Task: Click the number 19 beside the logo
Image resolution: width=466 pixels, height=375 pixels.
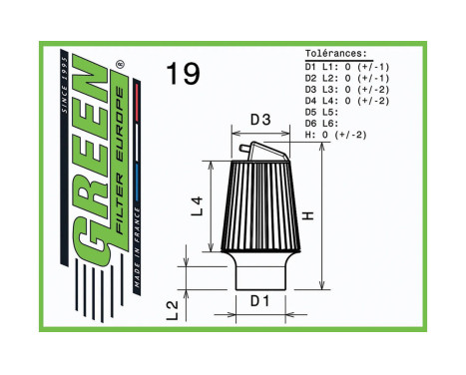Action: (183, 74)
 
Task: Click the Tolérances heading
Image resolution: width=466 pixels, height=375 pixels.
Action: (336, 54)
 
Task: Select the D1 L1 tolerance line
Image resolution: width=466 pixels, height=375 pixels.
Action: (346, 66)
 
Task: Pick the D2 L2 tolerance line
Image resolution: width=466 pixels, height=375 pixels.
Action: (346, 77)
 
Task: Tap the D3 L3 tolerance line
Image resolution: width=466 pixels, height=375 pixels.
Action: (346, 89)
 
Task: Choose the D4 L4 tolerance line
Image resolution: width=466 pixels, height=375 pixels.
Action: (346, 100)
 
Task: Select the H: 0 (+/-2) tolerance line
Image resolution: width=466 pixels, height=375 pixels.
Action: (335, 135)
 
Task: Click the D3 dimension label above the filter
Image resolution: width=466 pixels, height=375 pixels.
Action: (259, 121)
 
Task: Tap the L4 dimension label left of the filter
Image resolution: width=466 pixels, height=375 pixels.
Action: (197, 206)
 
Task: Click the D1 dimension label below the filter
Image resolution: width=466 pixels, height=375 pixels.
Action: (259, 299)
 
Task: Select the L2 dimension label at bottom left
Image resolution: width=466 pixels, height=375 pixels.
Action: (172, 311)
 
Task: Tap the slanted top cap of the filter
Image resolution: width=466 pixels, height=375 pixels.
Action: (262, 153)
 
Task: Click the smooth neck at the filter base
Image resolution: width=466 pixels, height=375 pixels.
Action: (259, 270)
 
